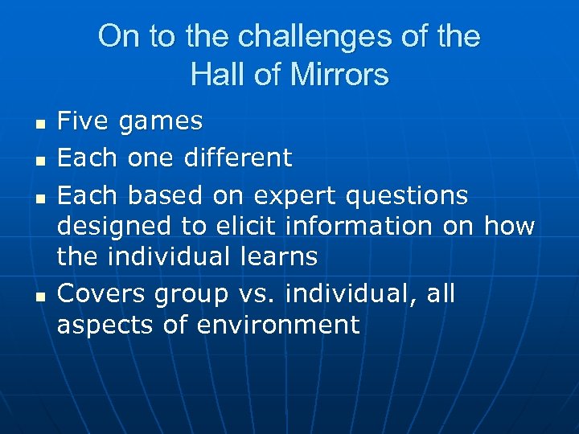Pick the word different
(238, 158)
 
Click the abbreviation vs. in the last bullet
(257, 295)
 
